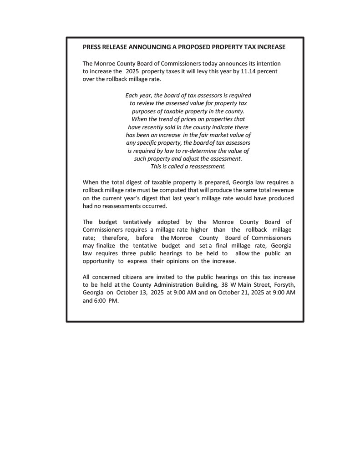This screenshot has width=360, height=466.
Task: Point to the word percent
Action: point(267,71)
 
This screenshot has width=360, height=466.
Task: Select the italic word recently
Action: point(159,127)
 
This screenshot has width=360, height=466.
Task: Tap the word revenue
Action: point(282,191)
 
